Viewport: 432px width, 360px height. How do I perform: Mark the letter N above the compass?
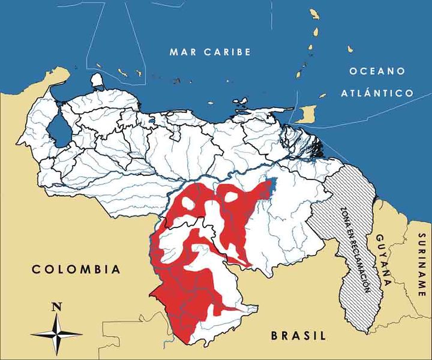pos(57,306)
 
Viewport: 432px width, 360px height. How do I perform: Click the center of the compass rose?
pos(57,333)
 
